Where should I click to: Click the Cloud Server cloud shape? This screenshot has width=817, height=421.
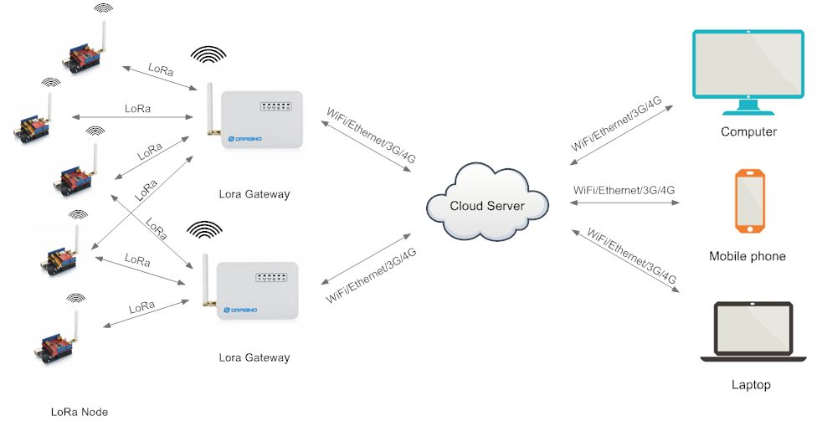pos(487,205)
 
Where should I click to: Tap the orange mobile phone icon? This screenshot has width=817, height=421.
pos(749,200)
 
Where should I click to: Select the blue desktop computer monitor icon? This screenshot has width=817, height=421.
pos(747,71)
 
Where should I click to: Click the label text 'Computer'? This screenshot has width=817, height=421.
pos(748,131)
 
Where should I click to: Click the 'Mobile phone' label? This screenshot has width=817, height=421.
pos(747,256)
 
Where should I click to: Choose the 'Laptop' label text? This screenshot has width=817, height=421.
pos(749,385)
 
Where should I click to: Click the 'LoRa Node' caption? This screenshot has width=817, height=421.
pos(79,411)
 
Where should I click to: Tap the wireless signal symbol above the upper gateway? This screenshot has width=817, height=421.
pos(208,54)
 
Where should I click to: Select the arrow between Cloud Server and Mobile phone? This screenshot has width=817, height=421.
pos(624,202)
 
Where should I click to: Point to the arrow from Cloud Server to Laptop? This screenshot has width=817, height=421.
pos(624,259)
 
